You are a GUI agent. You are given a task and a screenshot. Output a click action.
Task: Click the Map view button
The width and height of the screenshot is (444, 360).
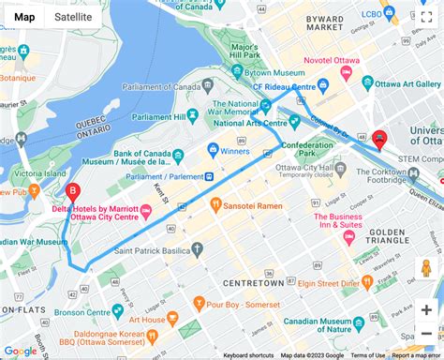click(24, 17)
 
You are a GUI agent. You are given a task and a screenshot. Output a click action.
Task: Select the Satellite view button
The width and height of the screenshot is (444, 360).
click(73, 17)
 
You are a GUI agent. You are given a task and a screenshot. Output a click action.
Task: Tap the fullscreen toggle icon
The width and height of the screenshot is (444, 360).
click(425, 18)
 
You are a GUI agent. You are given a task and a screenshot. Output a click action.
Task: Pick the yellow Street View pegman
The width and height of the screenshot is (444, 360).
click(426, 270)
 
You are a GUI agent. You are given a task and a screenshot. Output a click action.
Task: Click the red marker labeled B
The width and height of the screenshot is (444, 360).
click(72, 192)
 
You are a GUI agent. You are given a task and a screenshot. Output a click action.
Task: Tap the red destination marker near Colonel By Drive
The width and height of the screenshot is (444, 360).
click(379, 139)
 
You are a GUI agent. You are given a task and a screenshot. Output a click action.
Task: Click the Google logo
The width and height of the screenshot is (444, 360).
click(20, 351)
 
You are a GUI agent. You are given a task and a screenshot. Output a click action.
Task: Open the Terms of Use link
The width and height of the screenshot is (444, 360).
click(367, 355)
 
